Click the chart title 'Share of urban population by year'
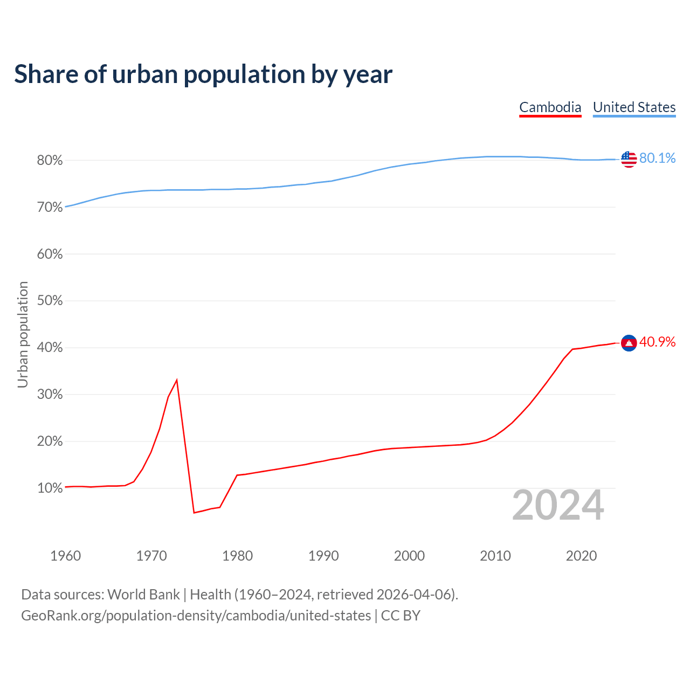(x=203, y=74)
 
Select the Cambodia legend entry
(x=550, y=107)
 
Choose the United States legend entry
(x=634, y=107)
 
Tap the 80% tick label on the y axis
(x=50, y=161)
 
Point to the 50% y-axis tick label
(x=50, y=301)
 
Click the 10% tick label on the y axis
(x=50, y=488)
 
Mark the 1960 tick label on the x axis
(x=65, y=556)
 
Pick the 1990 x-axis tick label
(x=323, y=556)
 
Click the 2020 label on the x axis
(x=581, y=556)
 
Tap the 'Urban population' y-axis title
(x=23, y=334)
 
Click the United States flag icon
(x=629, y=159)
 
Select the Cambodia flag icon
(x=629, y=343)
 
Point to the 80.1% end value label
(x=657, y=158)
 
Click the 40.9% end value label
(x=657, y=342)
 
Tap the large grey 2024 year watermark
(x=558, y=505)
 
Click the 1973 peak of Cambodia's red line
(x=177, y=380)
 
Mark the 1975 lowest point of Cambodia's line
(x=194, y=512)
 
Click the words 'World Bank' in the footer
(x=143, y=595)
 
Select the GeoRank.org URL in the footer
(x=196, y=616)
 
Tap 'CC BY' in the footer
(x=401, y=616)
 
